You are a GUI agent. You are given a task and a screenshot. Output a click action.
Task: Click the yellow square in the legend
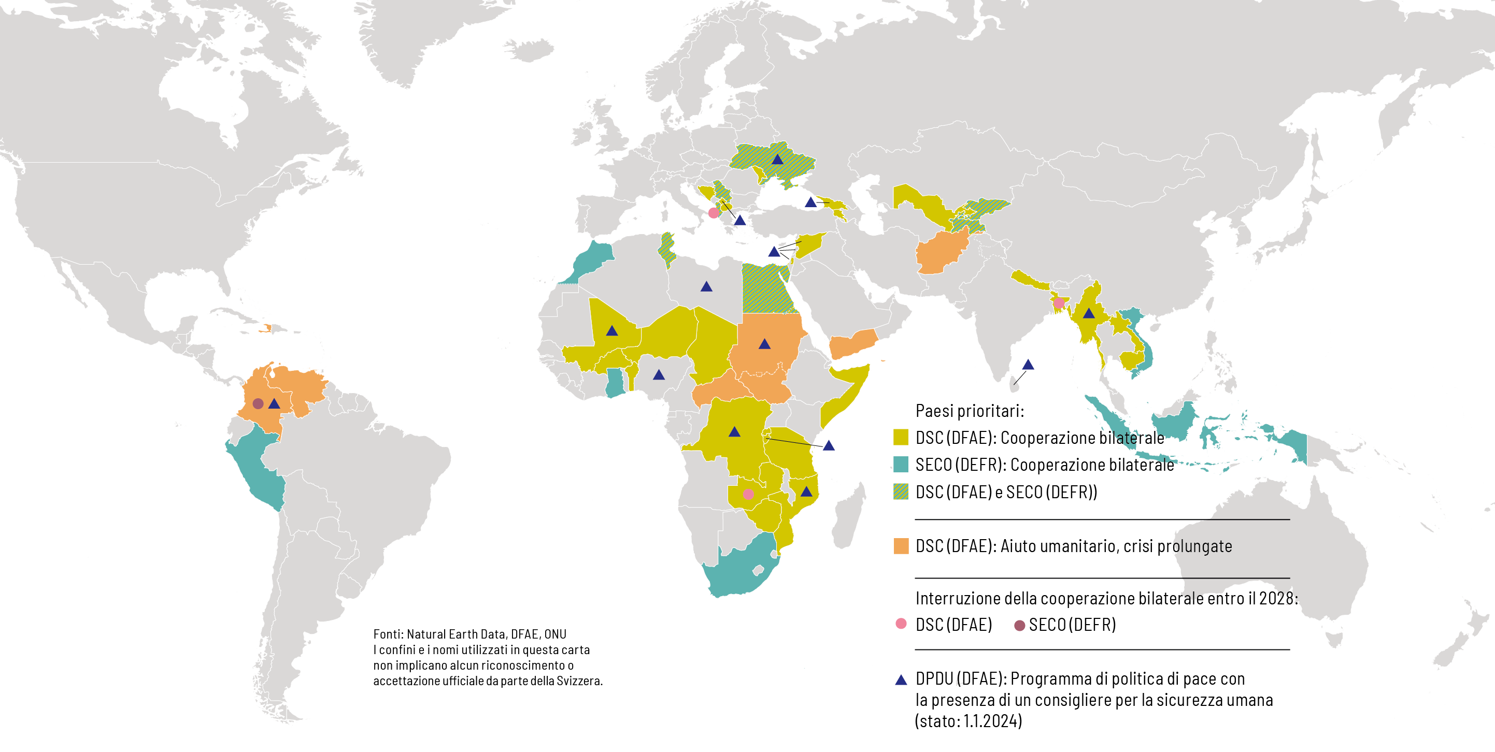click(x=901, y=437)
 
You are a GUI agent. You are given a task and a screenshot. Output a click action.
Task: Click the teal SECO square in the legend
click(x=901, y=464)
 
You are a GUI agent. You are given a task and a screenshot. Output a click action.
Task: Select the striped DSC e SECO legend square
click(x=901, y=491)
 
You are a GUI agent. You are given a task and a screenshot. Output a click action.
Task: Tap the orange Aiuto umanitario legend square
click(x=901, y=545)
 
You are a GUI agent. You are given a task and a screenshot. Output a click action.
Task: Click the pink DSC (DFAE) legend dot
click(x=901, y=624)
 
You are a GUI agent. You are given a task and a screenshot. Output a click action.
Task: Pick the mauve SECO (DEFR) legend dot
click(x=1019, y=625)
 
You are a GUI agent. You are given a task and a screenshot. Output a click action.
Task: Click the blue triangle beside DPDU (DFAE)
click(x=901, y=679)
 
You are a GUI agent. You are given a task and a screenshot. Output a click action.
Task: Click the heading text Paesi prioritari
click(x=969, y=411)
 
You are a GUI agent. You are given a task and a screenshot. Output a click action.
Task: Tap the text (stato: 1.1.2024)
click(x=968, y=721)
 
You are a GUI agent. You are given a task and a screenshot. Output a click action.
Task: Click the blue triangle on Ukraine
click(x=778, y=160)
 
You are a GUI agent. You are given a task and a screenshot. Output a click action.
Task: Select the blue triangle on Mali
click(x=611, y=331)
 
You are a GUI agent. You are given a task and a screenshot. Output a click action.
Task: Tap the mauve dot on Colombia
click(x=258, y=403)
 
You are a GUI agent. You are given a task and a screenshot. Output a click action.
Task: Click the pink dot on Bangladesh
click(x=1059, y=303)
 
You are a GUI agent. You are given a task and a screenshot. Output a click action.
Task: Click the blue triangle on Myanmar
click(x=1089, y=314)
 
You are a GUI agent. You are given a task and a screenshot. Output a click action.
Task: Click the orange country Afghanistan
click(x=940, y=252)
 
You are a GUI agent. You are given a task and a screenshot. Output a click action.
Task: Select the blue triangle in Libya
click(x=706, y=286)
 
